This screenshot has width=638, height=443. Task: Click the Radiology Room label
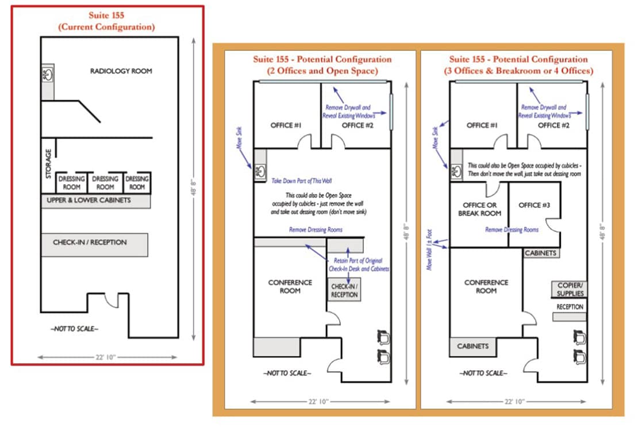pyautogui.click(x=121, y=71)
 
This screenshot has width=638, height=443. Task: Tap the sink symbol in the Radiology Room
pyautogui.click(x=47, y=74)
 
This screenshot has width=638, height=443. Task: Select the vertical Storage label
pyautogui.click(x=48, y=163)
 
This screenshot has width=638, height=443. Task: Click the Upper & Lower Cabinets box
pyautogui.click(x=95, y=201)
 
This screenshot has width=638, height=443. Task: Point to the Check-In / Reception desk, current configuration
pyautogui.click(x=94, y=243)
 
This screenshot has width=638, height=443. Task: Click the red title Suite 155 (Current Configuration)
pyautogui.click(x=106, y=21)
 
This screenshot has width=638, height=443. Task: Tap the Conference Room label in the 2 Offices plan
pyautogui.click(x=290, y=287)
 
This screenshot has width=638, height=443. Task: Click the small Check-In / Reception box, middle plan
pyautogui.click(x=344, y=291)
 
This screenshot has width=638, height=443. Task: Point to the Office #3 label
pyautogui.click(x=534, y=205)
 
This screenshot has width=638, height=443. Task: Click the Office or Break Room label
pyautogui.click(x=479, y=209)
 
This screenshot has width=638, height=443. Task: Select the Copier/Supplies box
pyautogui.click(x=570, y=289)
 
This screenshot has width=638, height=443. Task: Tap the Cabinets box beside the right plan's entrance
pyautogui.click(x=473, y=346)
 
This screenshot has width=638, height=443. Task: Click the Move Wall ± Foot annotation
pyautogui.click(x=429, y=249)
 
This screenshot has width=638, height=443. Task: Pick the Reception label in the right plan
pyautogui.click(x=570, y=307)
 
